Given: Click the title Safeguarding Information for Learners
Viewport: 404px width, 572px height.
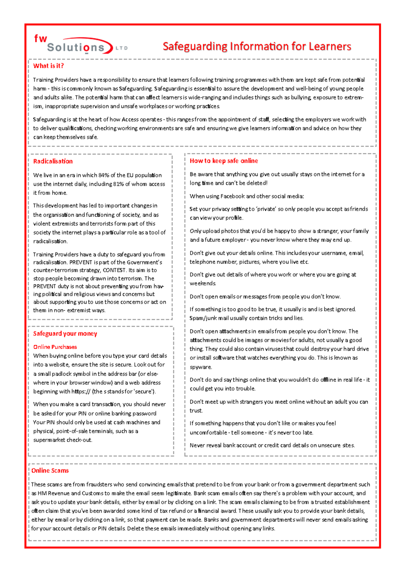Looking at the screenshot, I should coord(257,46).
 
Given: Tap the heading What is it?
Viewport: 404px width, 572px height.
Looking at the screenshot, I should coord(48,66).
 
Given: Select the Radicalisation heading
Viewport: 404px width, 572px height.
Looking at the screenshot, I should coord(53,161).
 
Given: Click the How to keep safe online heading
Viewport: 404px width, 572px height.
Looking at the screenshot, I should coord(224,161).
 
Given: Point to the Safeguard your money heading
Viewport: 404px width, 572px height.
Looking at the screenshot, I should coord(65,333).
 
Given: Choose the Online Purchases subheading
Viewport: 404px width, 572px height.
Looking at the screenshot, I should coord(55,347).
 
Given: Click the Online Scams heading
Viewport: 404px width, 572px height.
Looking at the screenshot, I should coord(50,470).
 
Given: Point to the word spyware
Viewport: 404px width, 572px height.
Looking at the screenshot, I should coord(201,367).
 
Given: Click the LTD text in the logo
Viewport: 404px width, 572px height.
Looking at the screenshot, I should coord(122,48).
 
